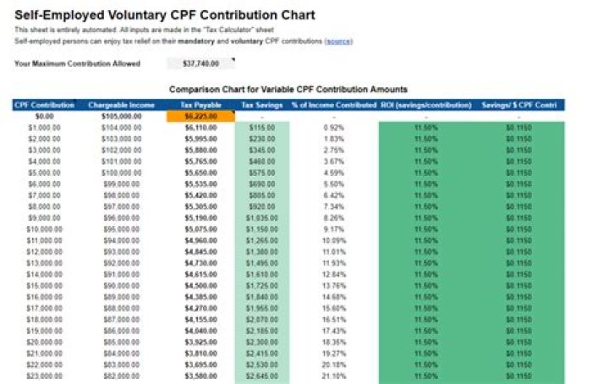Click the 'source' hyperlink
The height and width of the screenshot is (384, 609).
(338, 41)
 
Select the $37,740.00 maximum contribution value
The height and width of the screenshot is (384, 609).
(200, 63)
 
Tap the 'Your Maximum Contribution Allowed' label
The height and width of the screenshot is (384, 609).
(77, 63)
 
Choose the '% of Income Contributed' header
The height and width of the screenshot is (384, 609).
(333, 105)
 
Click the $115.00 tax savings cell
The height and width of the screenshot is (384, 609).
(261, 126)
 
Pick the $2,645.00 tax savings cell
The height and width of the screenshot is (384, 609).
(261, 375)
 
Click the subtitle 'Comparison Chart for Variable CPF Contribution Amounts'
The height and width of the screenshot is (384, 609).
(288, 89)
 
